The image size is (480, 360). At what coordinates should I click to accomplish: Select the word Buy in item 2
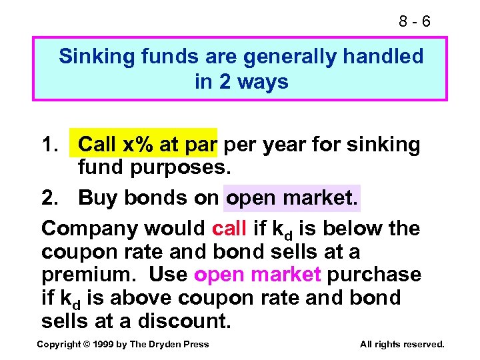pos(95,198)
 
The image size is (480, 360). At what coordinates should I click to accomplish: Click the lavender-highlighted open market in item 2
pos(292,198)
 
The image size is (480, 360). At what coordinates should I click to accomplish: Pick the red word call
pos(230,229)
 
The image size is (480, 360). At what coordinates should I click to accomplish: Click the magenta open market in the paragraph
pos(257,275)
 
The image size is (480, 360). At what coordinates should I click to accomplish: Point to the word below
pos(353,229)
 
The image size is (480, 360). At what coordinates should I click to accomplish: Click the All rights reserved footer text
pos(401,344)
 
